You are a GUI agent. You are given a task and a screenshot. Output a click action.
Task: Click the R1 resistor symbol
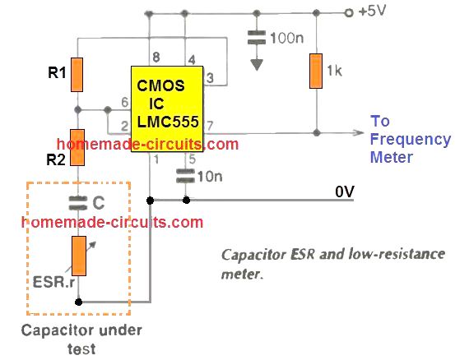pyautogui.click(x=77, y=75)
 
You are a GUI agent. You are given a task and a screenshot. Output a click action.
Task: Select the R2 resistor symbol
pyautogui.click(x=77, y=148)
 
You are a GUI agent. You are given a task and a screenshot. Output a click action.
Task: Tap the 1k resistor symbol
pyautogui.click(x=316, y=71)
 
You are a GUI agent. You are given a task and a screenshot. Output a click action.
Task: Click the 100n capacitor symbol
pyautogui.click(x=257, y=37)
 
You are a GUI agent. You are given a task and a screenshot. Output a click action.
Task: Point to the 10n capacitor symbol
pyautogui.click(x=185, y=176)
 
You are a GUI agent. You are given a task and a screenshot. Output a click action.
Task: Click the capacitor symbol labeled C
pyautogui.click(x=78, y=203)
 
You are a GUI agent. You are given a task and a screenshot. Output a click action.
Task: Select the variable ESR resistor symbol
pyautogui.click(x=80, y=256)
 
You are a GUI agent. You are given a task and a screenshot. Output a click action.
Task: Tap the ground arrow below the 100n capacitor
pyautogui.click(x=257, y=65)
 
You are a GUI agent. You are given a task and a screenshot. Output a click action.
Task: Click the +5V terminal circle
pyautogui.click(x=349, y=13)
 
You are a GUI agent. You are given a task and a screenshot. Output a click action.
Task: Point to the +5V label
pyautogui.click(x=372, y=11)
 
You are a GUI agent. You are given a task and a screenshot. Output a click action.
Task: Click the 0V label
pyautogui.click(x=345, y=192)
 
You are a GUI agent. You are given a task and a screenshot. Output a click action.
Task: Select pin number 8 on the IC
pyautogui.click(x=156, y=57)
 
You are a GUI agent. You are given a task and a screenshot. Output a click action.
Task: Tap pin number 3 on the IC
pyautogui.click(x=210, y=78)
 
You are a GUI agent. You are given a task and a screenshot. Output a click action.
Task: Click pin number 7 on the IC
pyautogui.click(x=210, y=126)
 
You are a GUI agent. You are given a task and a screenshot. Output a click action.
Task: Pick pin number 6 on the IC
pyautogui.click(x=125, y=102)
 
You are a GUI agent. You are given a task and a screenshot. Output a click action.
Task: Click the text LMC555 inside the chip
pyautogui.click(x=168, y=122)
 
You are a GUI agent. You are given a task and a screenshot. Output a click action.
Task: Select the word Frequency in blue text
pyautogui.click(x=411, y=140)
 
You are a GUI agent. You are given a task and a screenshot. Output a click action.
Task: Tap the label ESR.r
pyautogui.click(x=53, y=282)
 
